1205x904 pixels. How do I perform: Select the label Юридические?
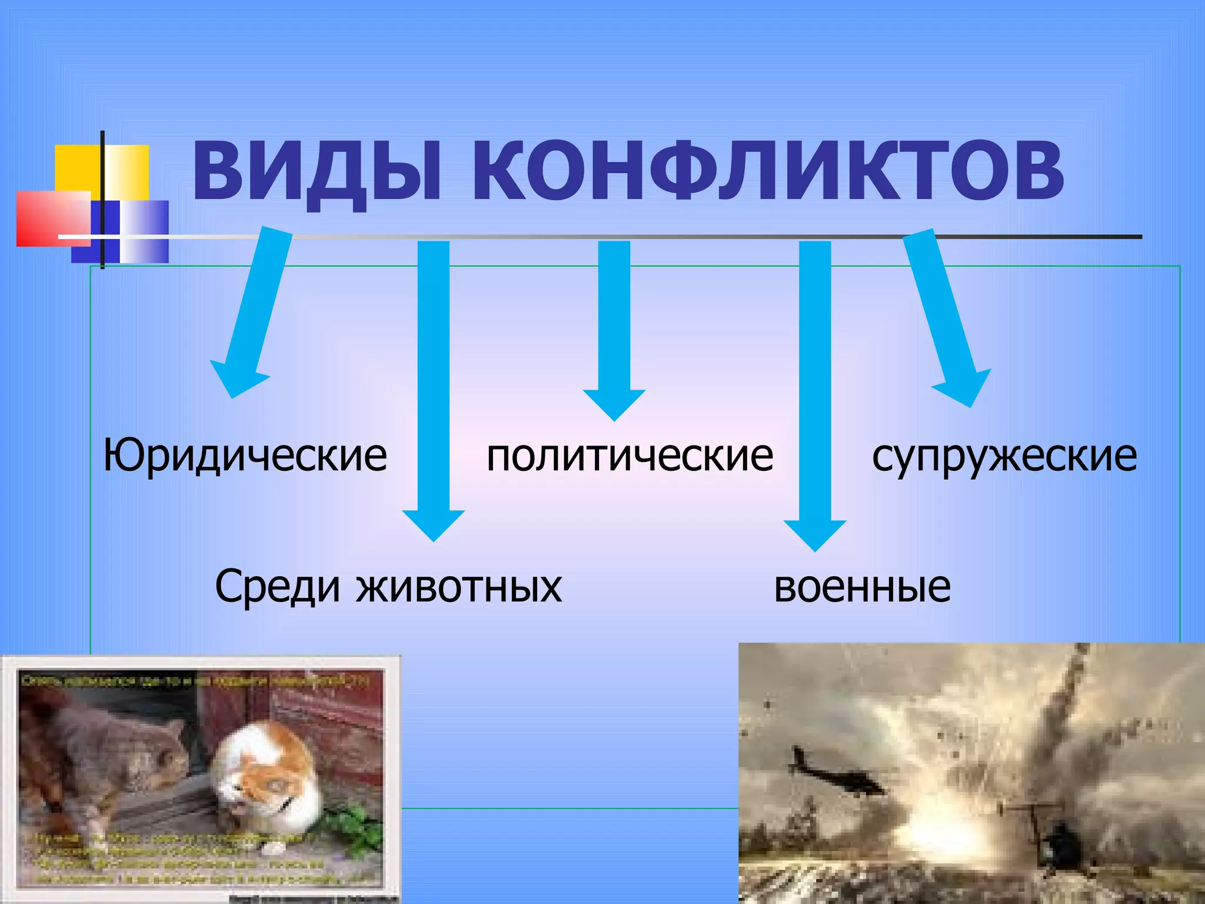245,456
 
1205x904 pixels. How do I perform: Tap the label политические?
630,456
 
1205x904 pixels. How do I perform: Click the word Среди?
278,587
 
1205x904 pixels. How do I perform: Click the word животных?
459,587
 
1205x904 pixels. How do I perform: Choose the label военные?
862,587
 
